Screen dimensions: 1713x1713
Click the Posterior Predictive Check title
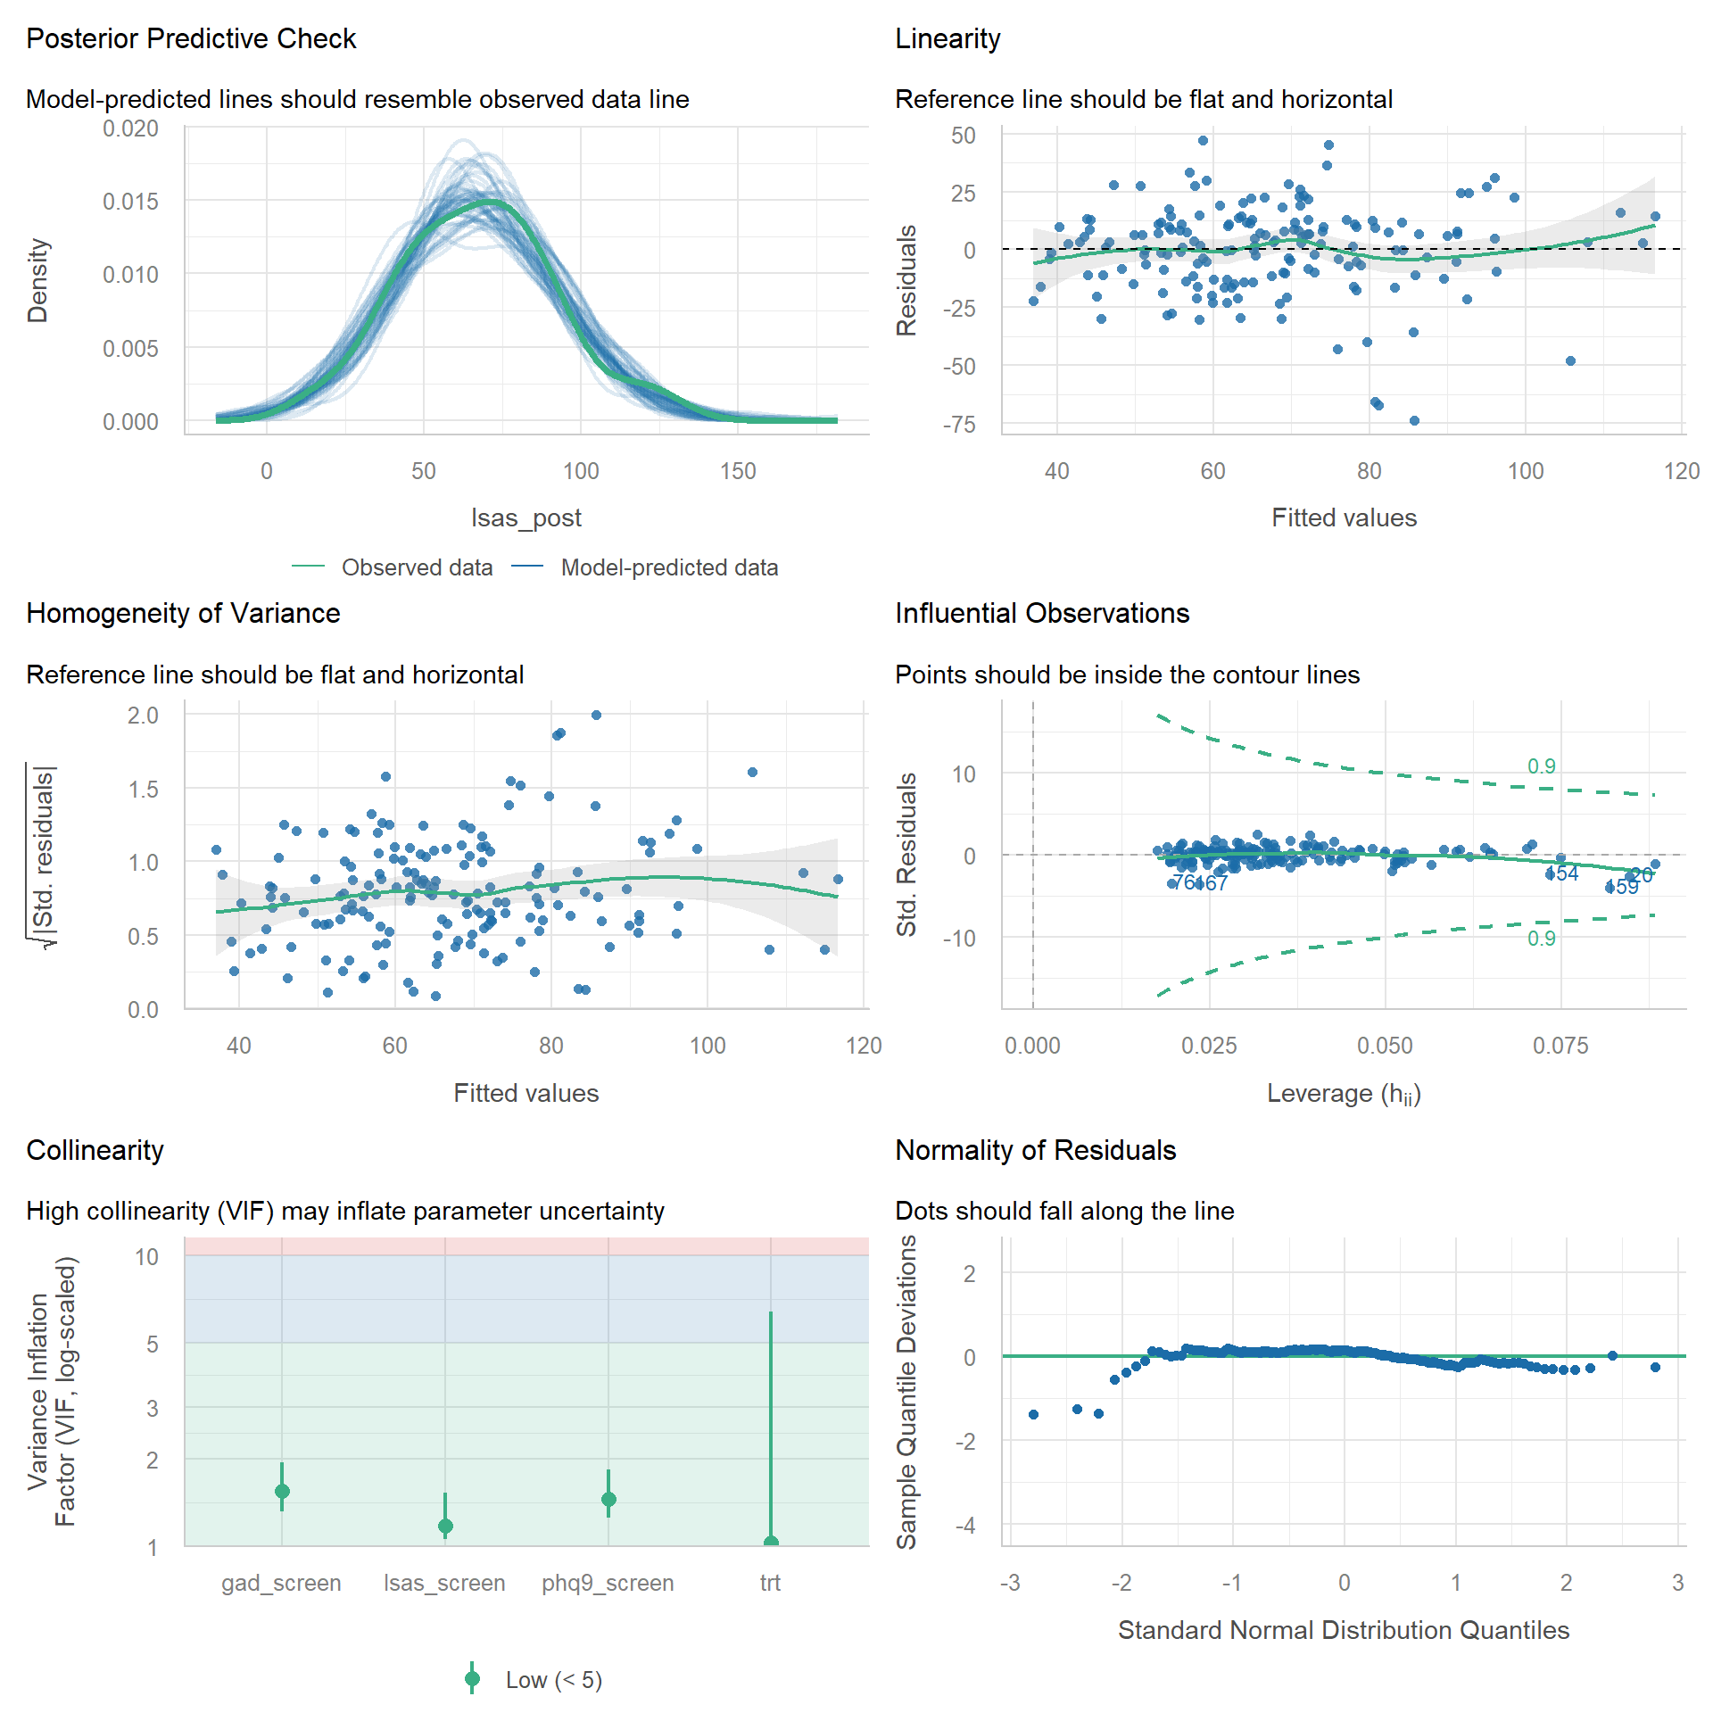pyautogui.click(x=191, y=39)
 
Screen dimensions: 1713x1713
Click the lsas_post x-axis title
pyautogui.click(x=525, y=517)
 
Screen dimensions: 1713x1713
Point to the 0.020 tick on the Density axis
pyautogui.click(x=130, y=129)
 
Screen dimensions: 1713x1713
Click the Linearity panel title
pyautogui.click(x=948, y=39)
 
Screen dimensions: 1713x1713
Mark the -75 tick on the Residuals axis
pyautogui.click(x=960, y=424)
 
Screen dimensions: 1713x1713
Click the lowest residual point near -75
pyautogui.click(x=1414, y=421)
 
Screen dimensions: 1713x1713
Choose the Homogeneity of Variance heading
pyautogui.click(x=183, y=614)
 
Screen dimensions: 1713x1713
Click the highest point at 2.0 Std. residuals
pyautogui.click(x=596, y=715)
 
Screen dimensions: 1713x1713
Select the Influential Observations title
pyautogui.click(x=1042, y=614)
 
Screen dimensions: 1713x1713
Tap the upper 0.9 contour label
pyautogui.click(x=1541, y=766)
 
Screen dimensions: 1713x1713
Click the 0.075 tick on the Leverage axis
pyautogui.click(x=1560, y=1046)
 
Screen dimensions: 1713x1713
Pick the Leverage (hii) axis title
pyautogui.click(x=1344, y=1094)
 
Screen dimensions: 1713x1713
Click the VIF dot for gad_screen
pyautogui.click(x=282, y=1491)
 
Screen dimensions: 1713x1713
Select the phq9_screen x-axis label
pyautogui.click(x=608, y=1583)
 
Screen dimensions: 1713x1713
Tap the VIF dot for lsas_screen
pyautogui.click(x=445, y=1526)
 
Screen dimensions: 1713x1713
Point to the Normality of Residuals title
pyautogui.click(x=1035, y=1151)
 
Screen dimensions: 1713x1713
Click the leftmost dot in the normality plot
pyautogui.click(x=1033, y=1414)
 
